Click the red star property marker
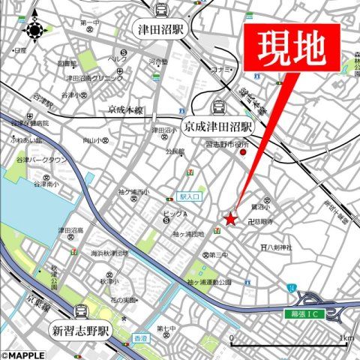pyautogui.click(x=230, y=219)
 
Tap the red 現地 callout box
pyautogui.click(x=292, y=48)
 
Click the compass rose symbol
pyautogui.click(x=34, y=31)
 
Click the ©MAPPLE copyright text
pyautogui.click(x=25, y=355)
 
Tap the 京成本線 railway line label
pyautogui.click(x=124, y=110)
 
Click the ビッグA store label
pyautogui.click(x=174, y=214)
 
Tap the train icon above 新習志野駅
pyautogui.click(x=80, y=310)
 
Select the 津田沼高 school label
pyautogui.click(x=71, y=230)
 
